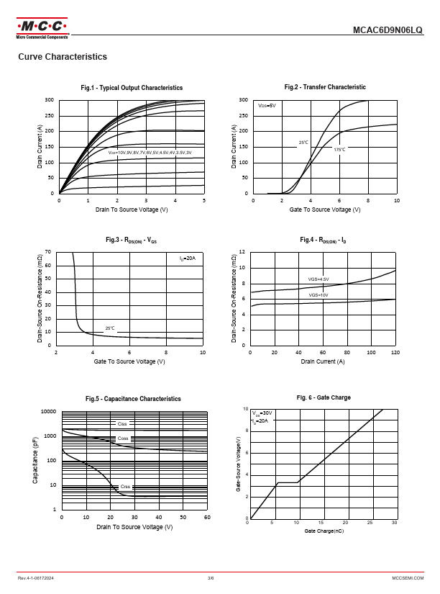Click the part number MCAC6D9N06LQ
(388, 31)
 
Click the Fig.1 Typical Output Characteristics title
(132, 88)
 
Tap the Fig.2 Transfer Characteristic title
(325, 87)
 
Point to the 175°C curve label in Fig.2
(339, 150)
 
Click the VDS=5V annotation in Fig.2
(267, 106)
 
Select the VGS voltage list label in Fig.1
(150, 153)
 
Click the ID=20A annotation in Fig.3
(187, 258)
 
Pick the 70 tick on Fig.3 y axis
(48, 252)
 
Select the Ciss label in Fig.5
(122, 424)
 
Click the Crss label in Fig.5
(125, 487)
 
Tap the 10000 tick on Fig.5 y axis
(48, 411)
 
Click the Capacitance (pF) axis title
(35, 459)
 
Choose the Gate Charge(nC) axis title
(323, 530)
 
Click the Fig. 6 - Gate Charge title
(324, 397)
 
